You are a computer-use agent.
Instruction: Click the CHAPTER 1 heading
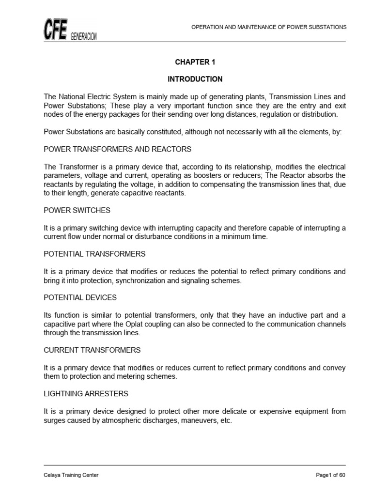click(195, 62)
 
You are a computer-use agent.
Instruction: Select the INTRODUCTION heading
click(195, 79)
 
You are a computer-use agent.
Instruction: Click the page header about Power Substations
click(269, 27)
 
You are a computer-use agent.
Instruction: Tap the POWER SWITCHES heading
click(77, 210)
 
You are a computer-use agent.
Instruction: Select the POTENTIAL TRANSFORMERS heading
click(94, 254)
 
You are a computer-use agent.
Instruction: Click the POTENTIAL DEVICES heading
click(80, 297)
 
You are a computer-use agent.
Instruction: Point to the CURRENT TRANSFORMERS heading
click(92, 350)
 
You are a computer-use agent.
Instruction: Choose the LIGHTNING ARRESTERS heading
click(86, 394)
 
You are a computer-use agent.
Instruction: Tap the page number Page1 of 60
click(330, 475)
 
